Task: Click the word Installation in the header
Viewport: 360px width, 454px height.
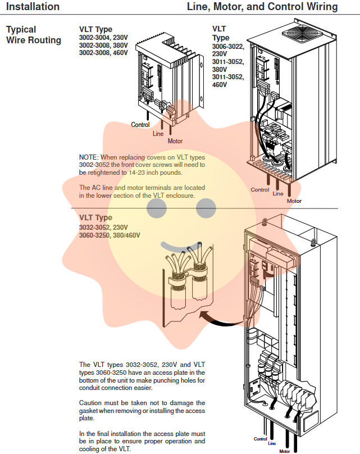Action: (33, 7)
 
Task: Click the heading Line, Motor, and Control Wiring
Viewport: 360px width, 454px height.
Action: (262, 7)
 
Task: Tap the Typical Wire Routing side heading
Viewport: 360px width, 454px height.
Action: (33, 34)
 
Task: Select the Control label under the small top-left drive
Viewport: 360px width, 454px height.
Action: (140, 125)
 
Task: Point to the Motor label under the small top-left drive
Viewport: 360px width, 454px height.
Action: (175, 141)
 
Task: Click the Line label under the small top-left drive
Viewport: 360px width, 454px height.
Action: (158, 134)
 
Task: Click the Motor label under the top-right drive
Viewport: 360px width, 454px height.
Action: (294, 201)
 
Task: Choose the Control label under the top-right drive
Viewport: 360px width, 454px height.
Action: (260, 190)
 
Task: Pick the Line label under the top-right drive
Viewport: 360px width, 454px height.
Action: (278, 194)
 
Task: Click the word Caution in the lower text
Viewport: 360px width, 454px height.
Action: (92, 403)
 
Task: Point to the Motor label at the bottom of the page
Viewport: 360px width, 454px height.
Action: (285, 451)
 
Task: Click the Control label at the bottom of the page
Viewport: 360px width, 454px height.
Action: (260, 439)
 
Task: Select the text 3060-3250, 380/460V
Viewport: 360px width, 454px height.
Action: (110, 235)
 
